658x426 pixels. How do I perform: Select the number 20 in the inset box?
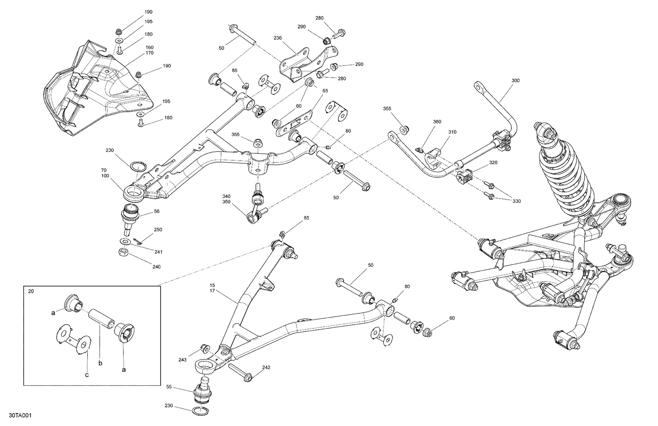pos(31,291)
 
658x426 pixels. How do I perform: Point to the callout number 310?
pos(452,132)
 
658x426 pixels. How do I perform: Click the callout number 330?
pos(516,201)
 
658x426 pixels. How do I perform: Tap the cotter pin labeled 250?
pos(139,239)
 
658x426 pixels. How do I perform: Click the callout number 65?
pos(325,90)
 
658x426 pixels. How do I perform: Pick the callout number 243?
pos(182,359)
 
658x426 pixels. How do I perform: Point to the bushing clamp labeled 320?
pos(463,177)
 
